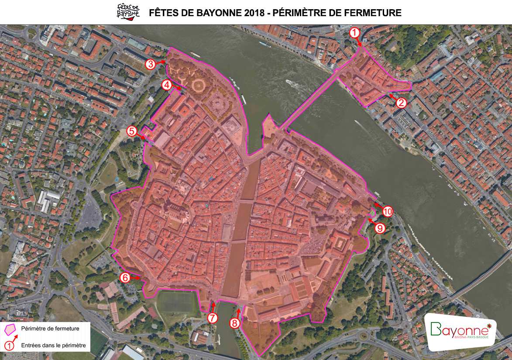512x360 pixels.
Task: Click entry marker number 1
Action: pyautogui.click(x=355, y=32)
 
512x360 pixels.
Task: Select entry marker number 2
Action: pyautogui.click(x=401, y=103)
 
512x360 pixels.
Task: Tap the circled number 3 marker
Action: pyautogui.click(x=151, y=65)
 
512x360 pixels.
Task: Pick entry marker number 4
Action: pyautogui.click(x=167, y=85)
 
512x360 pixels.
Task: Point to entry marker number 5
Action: pyautogui.click(x=132, y=131)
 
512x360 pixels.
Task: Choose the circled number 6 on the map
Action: pyautogui.click(x=125, y=277)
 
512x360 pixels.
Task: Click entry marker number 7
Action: pyautogui.click(x=213, y=318)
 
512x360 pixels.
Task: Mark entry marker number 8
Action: pyautogui.click(x=235, y=323)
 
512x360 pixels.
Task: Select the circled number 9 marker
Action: pyautogui.click(x=380, y=228)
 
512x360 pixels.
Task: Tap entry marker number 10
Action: pyautogui.click(x=388, y=211)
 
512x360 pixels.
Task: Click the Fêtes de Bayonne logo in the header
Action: pyautogui.click(x=128, y=12)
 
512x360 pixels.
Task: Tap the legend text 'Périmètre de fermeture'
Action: pyautogui.click(x=50, y=329)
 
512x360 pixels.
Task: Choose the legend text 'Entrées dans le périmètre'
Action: pyautogui.click(x=54, y=346)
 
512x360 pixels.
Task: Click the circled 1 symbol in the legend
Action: pyautogui.click(x=8, y=346)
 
